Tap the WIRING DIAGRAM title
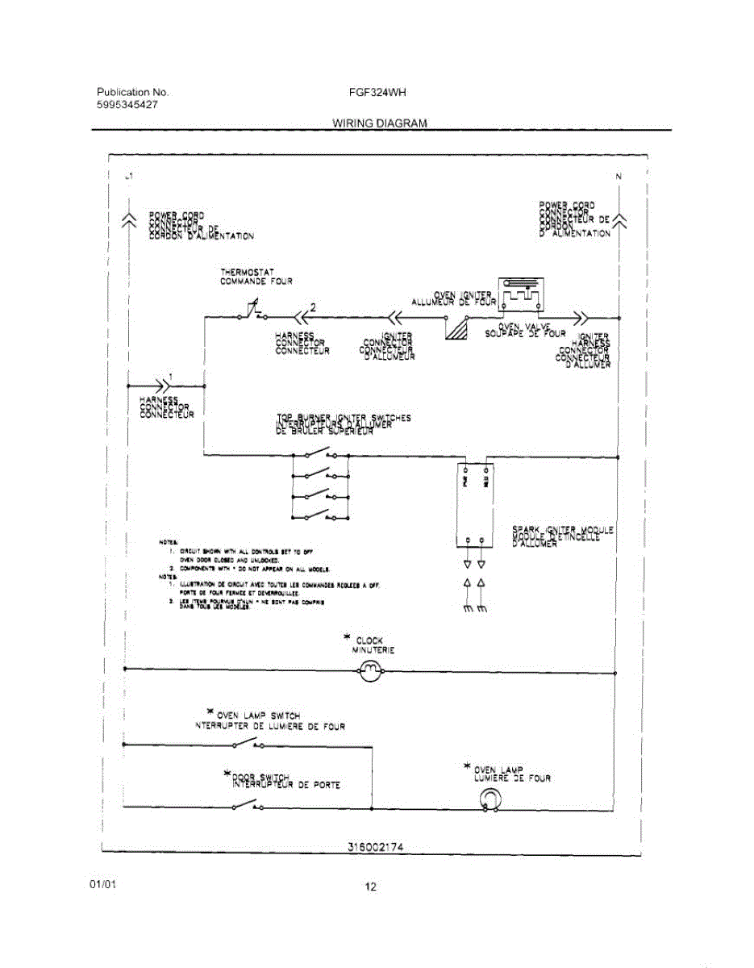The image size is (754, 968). pyautogui.click(x=379, y=123)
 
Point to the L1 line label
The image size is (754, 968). pyautogui.click(x=130, y=176)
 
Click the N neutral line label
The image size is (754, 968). pyautogui.click(x=619, y=176)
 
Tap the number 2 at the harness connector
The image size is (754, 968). pyautogui.click(x=313, y=307)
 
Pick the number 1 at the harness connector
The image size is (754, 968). pyautogui.click(x=169, y=377)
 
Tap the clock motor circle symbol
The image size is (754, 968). pyautogui.click(x=370, y=670)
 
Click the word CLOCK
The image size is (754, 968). pyautogui.click(x=369, y=640)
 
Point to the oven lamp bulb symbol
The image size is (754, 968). pyautogui.click(x=489, y=799)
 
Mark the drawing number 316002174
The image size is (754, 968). pyautogui.click(x=375, y=847)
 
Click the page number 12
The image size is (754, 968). pyautogui.click(x=370, y=887)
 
